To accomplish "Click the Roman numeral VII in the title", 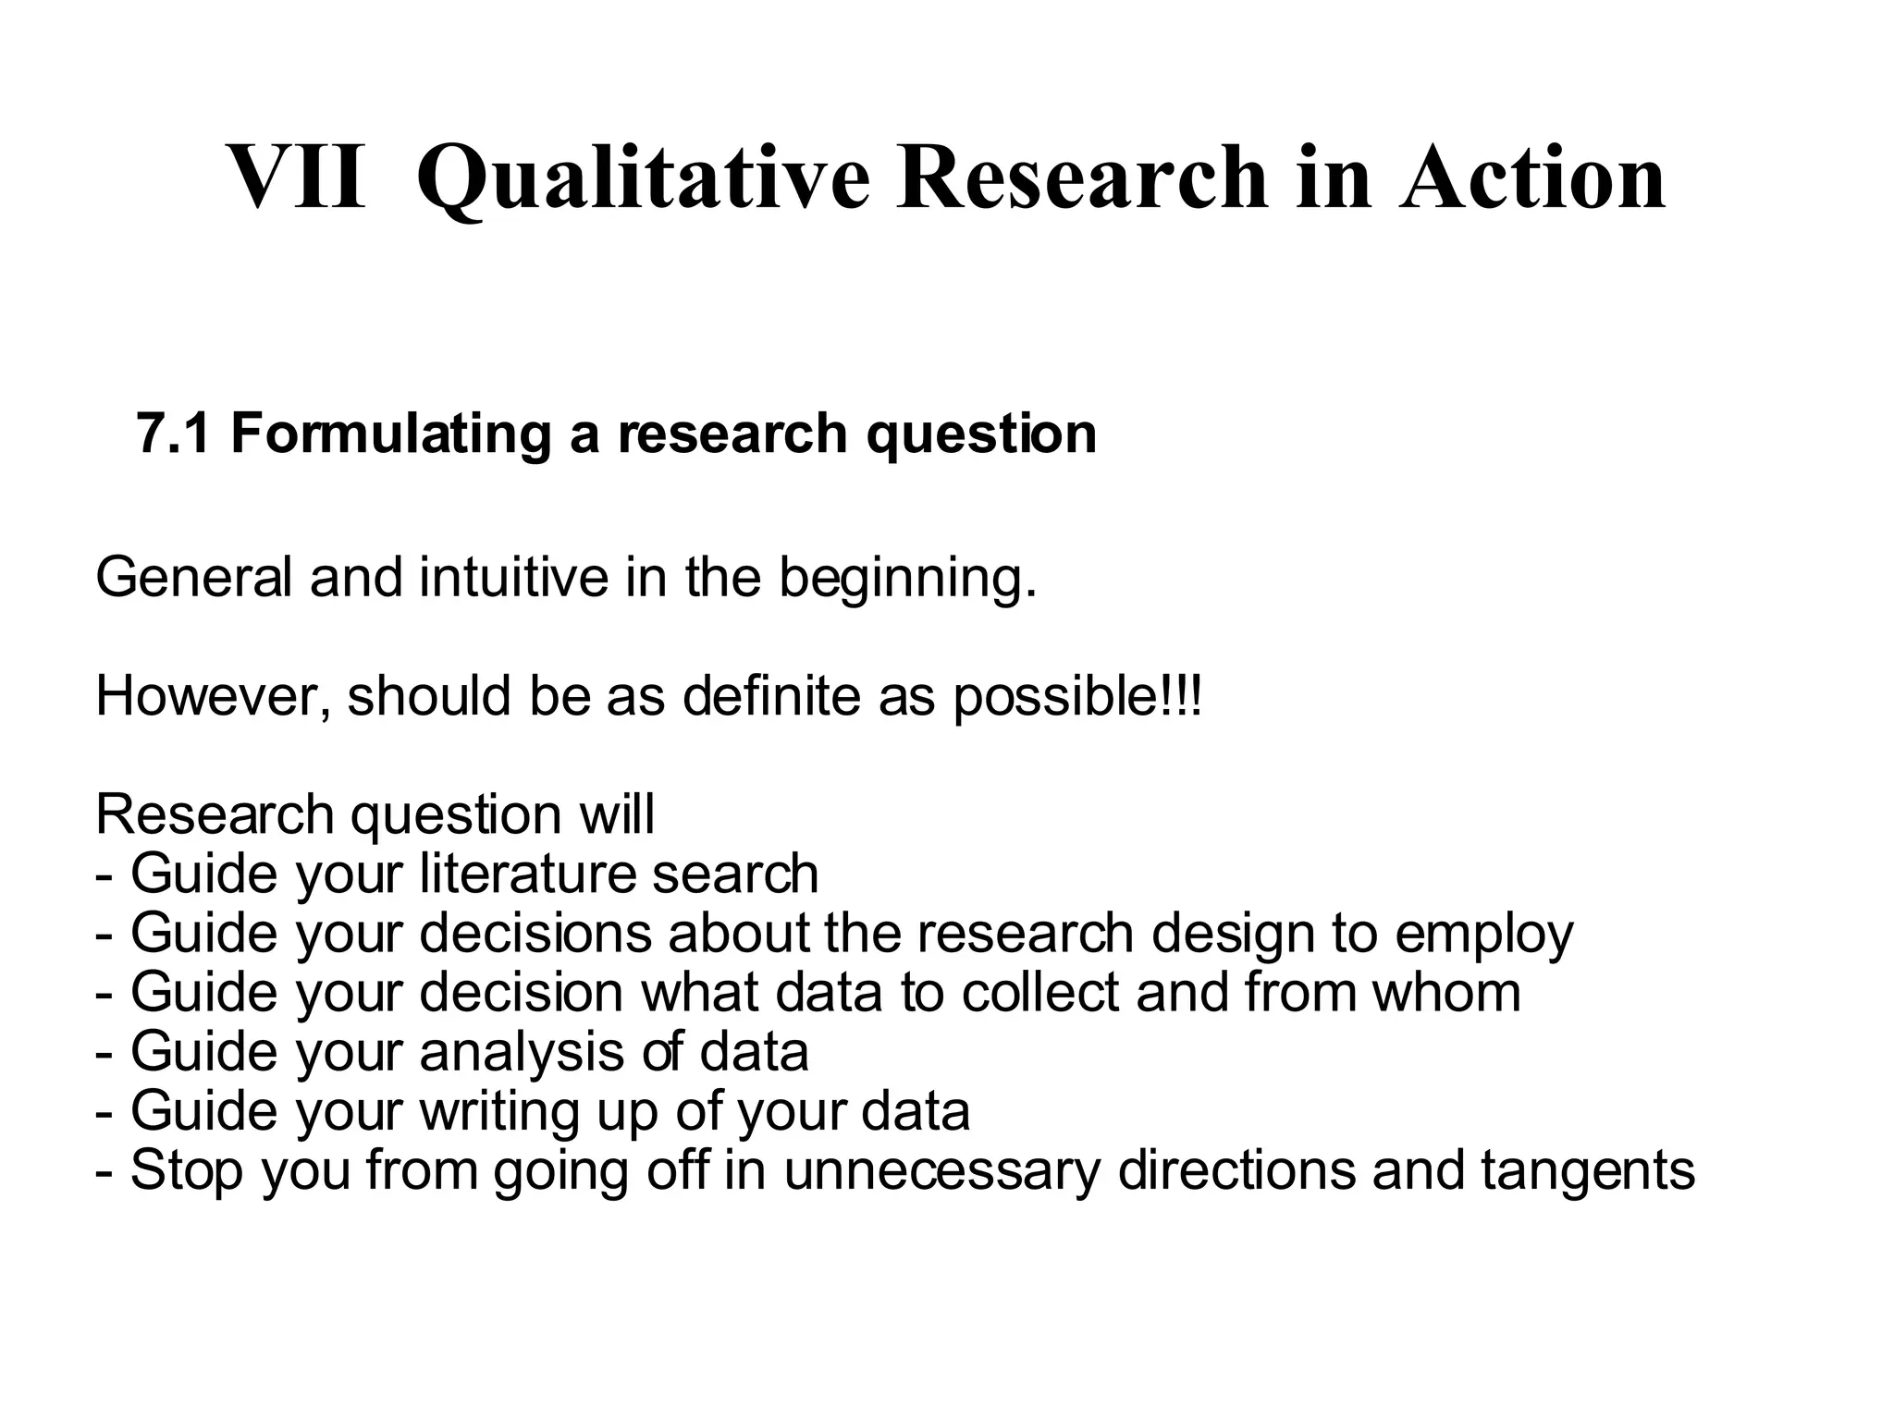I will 296,177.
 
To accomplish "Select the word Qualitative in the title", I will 643,177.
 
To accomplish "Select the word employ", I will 1483,935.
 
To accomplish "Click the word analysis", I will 523,1052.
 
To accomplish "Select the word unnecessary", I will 942,1171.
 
